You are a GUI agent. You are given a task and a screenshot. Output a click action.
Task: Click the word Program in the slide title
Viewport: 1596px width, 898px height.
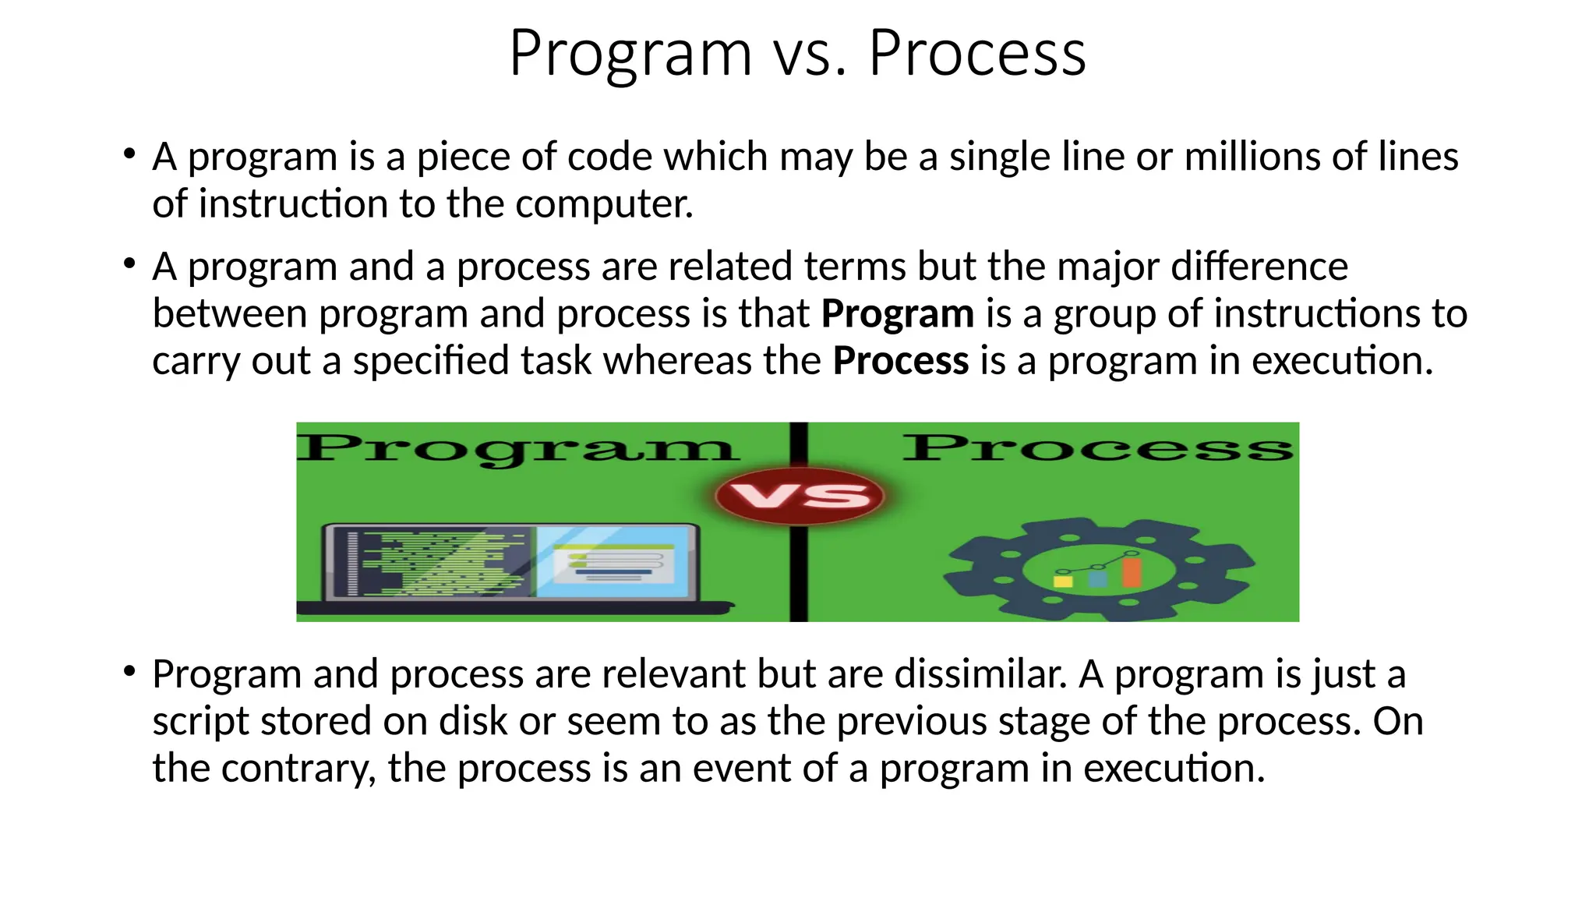(630, 55)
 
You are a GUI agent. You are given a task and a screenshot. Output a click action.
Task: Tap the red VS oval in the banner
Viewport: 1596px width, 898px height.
(799, 496)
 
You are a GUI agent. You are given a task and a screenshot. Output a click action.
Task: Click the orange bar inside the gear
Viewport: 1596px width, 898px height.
(1132, 571)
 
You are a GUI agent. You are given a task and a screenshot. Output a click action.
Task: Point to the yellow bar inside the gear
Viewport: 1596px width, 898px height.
(1062, 580)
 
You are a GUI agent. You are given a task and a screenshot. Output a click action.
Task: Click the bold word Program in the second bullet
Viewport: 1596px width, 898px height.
(897, 314)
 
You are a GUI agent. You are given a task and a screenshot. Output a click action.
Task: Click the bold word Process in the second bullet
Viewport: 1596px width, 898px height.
(900, 362)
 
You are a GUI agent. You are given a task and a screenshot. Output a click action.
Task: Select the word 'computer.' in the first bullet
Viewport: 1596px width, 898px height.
(604, 204)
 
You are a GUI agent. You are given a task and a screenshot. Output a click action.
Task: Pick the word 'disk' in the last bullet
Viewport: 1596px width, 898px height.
(472, 721)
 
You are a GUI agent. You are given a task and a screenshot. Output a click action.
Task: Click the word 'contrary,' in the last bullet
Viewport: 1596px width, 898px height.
(299, 769)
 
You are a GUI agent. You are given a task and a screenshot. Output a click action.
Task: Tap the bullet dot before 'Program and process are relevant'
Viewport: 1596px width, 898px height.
(129, 670)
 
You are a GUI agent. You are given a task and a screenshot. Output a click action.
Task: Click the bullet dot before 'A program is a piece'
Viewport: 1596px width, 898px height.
(129, 153)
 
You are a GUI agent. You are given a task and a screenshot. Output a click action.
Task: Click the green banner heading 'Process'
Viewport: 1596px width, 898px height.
(1097, 447)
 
